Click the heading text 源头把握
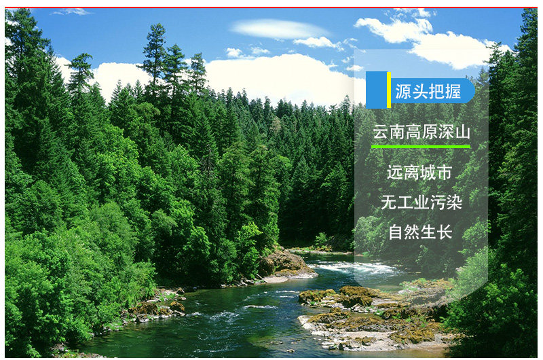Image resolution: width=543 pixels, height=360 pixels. (x=428, y=92)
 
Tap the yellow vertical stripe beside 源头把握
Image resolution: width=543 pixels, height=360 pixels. (x=389, y=90)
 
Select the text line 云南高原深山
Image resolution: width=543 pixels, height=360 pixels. (x=422, y=132)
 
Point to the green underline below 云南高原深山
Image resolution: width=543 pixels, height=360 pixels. (x=421, y=147)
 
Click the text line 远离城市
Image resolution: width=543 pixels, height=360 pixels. (x=419, y=173)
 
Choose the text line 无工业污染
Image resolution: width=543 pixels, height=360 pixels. (x=422, y=202)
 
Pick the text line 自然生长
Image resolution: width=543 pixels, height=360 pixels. (x=420, y=232)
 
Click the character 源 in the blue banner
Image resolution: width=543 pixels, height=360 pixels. (x=403, y=92)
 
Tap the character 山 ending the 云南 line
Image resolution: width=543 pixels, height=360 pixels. (x=463, y=132)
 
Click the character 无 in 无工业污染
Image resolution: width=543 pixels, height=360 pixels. (x=388, y=202)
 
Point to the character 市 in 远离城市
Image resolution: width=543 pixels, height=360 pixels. (x=445, y=173)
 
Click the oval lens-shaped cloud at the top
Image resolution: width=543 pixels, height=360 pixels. (x=280, y=29)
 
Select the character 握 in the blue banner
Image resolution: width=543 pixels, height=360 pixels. (x=453, y=92)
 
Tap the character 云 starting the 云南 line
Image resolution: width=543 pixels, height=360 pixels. (x=380, y=132)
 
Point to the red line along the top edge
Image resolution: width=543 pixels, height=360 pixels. (x=271, y=7)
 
